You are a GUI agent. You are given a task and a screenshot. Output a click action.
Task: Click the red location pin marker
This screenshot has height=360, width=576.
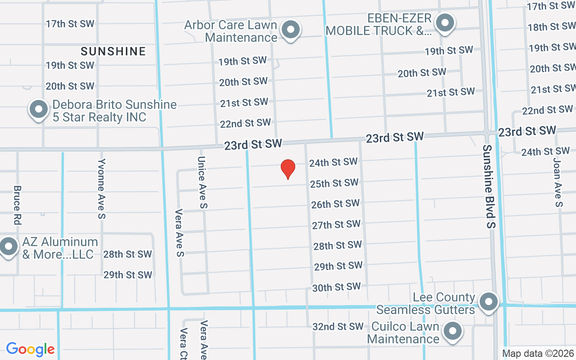288,169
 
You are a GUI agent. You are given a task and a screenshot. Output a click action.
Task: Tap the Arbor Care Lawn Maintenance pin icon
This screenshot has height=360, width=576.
291,30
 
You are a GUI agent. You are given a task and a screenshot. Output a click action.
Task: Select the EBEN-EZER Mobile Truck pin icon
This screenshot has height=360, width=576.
445,22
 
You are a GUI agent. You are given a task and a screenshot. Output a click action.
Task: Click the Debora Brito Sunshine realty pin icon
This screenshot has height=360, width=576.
39,109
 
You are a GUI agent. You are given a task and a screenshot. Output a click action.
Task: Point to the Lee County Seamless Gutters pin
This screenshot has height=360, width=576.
489,302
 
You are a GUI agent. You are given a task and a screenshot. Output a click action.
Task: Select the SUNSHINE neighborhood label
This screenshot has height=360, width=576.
113,51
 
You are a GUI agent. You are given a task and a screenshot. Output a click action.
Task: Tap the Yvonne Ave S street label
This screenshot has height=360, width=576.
102,188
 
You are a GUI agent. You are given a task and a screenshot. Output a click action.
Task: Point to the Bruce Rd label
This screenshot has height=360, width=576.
18,205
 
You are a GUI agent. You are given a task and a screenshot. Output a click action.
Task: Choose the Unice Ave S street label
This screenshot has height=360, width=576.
202,182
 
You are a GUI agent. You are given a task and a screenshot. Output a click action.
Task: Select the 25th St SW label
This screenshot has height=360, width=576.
334,183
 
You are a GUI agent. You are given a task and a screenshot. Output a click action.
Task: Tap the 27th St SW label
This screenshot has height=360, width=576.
337,225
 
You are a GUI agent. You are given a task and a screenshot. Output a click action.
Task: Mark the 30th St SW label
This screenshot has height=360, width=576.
337,287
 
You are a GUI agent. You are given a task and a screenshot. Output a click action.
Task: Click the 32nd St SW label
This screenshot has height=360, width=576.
338,326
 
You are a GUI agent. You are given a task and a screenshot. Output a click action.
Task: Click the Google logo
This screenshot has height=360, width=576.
31,349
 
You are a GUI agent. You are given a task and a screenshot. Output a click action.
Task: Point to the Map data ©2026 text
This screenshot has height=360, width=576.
538,354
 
